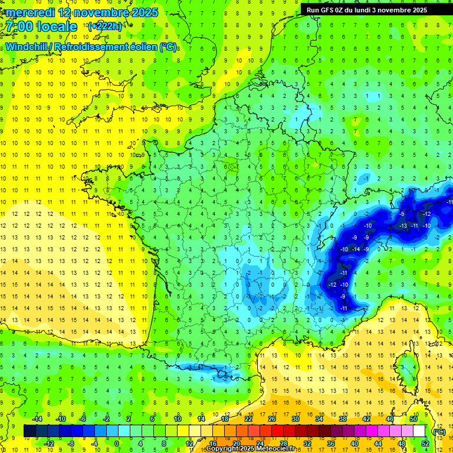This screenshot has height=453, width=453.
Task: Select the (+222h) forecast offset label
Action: point(104,26)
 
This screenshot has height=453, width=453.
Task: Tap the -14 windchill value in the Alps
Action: point(356,249)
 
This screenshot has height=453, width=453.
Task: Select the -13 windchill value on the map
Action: point(403,225)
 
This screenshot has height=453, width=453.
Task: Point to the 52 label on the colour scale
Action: point(425,443)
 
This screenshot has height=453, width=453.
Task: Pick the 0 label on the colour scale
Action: point(117,443)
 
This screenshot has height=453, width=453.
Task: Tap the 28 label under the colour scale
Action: point(283,443)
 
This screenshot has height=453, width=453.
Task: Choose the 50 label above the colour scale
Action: point(413,418)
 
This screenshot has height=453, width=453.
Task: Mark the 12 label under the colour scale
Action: point(189,443)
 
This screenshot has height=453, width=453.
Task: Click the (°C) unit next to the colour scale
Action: point(439,431)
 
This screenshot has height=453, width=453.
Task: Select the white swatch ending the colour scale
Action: point(419,431)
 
